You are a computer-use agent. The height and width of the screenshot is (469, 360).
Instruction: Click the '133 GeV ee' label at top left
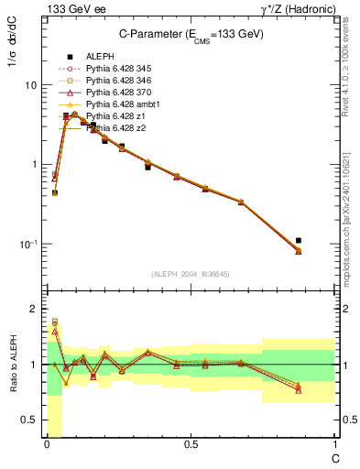coord(71,8)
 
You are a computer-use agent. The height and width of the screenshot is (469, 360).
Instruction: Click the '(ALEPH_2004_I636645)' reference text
coord(191,274)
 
